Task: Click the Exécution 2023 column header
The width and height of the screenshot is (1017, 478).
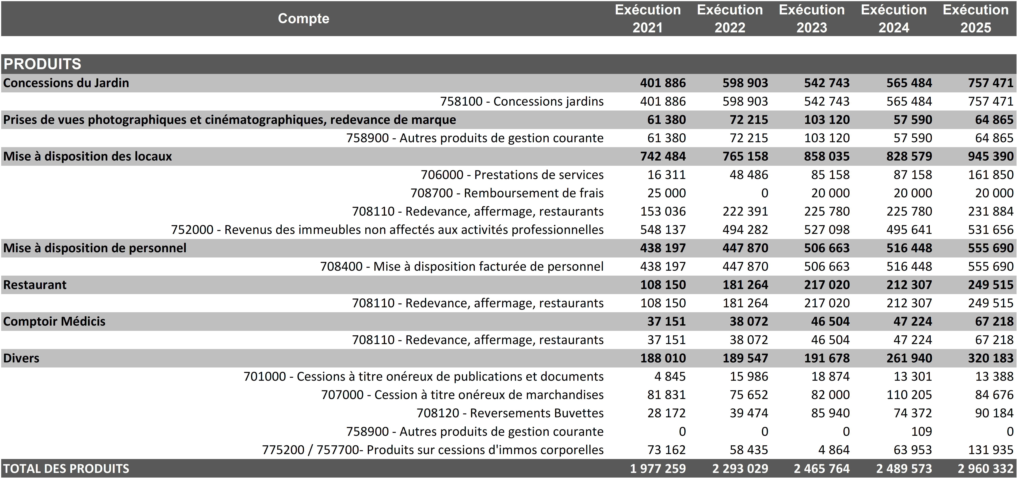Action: (x=812, y=18)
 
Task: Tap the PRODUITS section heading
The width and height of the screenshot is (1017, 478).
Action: (x=42, y=64)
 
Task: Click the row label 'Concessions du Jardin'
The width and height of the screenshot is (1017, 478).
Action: (x=66, y=83)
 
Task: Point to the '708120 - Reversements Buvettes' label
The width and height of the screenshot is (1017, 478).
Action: (x=510, y=413)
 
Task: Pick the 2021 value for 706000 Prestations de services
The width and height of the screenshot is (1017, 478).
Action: (x=666, y=174)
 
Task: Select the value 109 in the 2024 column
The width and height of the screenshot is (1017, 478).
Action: (x=921, y=431)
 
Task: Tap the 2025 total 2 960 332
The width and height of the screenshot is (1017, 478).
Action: (x=985, y=469)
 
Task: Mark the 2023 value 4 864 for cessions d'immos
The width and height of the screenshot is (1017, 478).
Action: (x=834, y=450)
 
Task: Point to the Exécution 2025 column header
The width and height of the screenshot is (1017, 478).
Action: (x=975, y=18)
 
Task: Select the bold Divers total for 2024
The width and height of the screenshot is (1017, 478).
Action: (x=909, y=358)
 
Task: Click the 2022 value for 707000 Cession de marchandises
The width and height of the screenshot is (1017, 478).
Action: (x=749, y=395)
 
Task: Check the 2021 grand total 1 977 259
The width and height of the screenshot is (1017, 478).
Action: (x=658, y=469)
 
